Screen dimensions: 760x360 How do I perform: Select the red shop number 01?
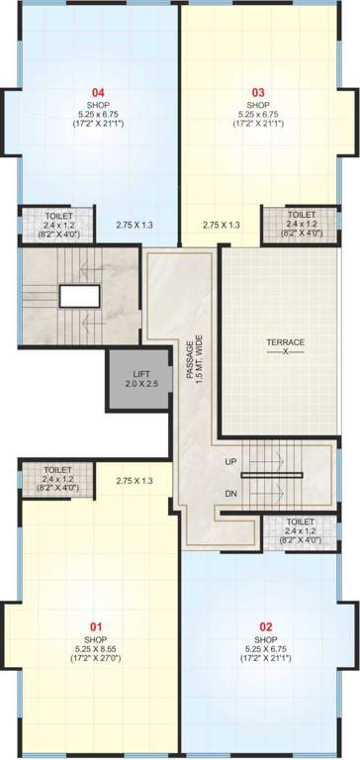97,626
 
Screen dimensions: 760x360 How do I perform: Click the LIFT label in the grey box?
135,373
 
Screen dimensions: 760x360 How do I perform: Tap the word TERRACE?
285,342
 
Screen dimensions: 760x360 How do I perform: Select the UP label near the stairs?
231,462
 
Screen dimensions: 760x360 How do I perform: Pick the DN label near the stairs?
231,492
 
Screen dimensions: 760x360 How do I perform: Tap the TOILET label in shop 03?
302,215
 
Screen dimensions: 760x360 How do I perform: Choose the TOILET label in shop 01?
58,470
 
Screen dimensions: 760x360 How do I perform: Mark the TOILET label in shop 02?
301,522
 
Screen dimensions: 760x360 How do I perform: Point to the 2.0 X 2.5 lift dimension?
135,383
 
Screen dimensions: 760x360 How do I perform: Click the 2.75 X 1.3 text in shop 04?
134,225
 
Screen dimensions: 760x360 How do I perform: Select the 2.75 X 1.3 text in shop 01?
134,480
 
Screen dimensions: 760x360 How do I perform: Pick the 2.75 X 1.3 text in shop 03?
222,225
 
